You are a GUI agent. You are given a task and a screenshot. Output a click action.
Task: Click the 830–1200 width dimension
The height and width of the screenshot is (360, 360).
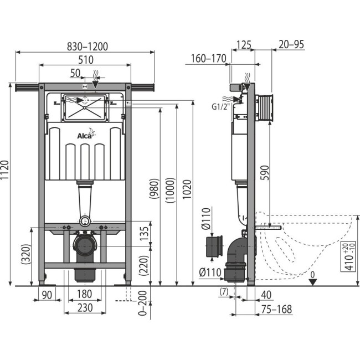84,47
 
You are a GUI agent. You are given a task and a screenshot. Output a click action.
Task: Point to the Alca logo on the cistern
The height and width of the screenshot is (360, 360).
84,136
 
